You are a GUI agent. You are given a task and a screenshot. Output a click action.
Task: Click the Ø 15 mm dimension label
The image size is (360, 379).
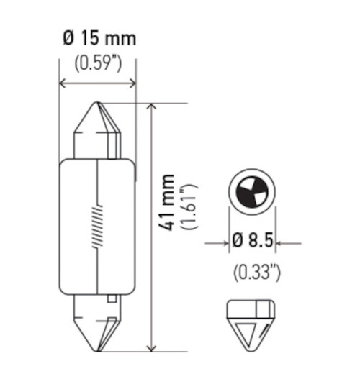[96, 38]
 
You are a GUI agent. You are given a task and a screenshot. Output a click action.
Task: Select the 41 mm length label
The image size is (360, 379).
[166, 202]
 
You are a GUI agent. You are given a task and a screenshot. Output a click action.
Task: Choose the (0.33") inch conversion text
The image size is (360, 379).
[253, 272]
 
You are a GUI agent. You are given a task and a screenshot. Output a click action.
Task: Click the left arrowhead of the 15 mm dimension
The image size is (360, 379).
[62, 83]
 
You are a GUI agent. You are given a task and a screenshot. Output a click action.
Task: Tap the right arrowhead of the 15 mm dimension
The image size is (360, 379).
[132, 83]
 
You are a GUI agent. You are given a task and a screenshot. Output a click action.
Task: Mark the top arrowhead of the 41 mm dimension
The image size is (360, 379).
[150, 107]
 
